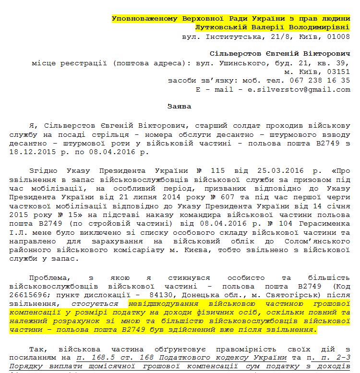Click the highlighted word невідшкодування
pyautogui.click(x=161, y=304)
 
